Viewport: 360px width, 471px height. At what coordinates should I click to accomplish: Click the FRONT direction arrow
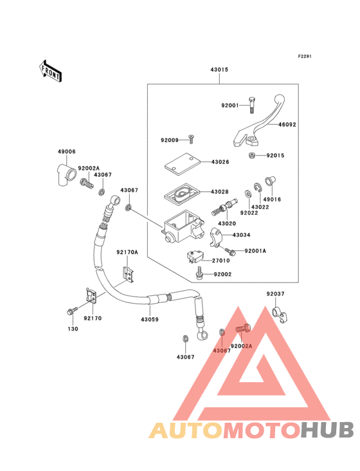(x=50, y=71)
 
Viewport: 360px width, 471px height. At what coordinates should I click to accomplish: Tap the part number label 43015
(x=219, y=69)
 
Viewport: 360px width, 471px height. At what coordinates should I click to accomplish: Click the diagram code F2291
(x=305, y=56)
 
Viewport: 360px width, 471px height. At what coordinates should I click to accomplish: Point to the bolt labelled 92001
(x=252, y=106)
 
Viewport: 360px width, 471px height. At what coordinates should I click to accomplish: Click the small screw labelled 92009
(x=190, y=140)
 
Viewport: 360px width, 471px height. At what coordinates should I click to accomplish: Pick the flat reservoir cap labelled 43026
(x=183, y=164)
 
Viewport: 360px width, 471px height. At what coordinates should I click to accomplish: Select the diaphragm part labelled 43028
(x=182, y=194)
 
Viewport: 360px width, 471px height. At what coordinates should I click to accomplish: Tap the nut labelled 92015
(x=252, y=156)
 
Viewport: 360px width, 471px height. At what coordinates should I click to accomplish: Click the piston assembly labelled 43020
(x=224, y=207)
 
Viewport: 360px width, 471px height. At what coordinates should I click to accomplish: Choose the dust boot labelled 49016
(x=270, y=181)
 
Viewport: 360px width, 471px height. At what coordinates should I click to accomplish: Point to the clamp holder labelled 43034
(x=216, y=237)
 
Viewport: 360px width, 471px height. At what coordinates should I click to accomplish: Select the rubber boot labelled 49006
(x=66, y=175)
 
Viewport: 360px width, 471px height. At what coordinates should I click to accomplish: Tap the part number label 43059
(x=150, y=319)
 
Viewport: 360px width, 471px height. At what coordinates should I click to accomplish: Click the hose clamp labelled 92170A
(x=128, y=275)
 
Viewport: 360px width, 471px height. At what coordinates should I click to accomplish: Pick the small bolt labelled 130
(x=72, y=311)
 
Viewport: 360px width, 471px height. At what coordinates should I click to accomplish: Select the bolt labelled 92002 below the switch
(x=199, y=273)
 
